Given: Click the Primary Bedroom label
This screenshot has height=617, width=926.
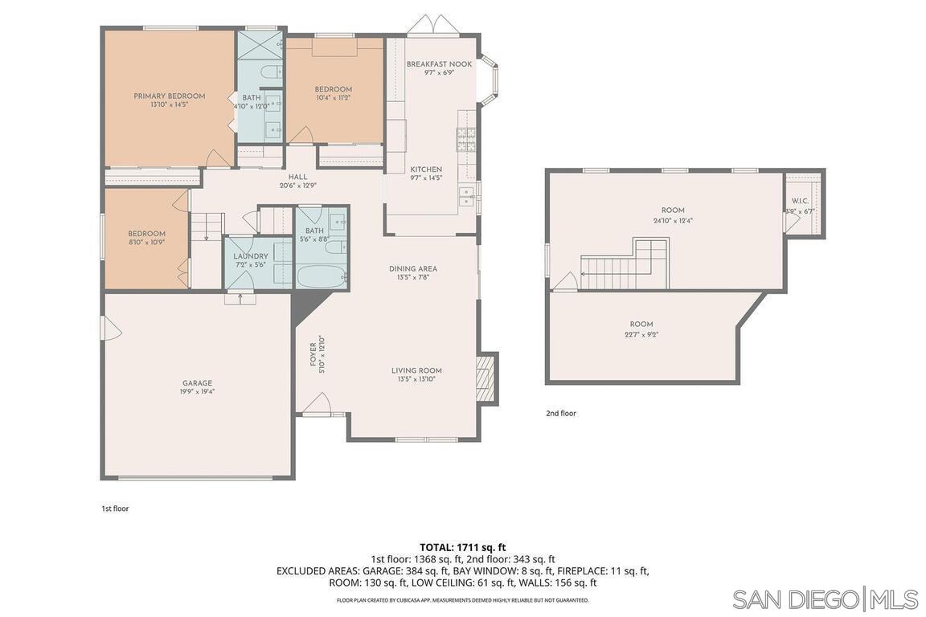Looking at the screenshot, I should click(169, 96).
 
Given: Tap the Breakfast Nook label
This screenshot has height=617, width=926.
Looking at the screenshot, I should click(439, 64).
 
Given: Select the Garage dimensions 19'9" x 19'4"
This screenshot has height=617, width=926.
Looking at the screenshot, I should click(197, 392).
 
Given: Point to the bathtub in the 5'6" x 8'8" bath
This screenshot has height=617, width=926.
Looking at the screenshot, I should click(321, 276).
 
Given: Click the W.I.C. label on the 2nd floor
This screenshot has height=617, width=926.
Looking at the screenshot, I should click(800, 201).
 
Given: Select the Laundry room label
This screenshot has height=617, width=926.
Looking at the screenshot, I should click(250, 256).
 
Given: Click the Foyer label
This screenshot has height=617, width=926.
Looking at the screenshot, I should click(313, 354).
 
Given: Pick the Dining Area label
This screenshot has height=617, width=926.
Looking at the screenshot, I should click(413, 269).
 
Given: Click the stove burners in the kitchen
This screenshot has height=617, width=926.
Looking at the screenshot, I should click(466, 140).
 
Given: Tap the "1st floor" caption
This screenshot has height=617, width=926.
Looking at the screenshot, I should click(115, 509).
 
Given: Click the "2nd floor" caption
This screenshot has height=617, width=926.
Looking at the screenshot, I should click(561, 414).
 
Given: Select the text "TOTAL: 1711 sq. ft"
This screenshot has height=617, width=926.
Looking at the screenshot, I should click(462, 547).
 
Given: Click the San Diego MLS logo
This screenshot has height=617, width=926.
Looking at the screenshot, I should click(825, 599).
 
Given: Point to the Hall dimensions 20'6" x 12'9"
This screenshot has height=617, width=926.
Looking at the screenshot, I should click(297, 186).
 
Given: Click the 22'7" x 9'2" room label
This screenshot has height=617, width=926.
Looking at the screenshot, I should click(641, 334).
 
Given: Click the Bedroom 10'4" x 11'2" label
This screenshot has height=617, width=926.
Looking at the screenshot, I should click(333, 89).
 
